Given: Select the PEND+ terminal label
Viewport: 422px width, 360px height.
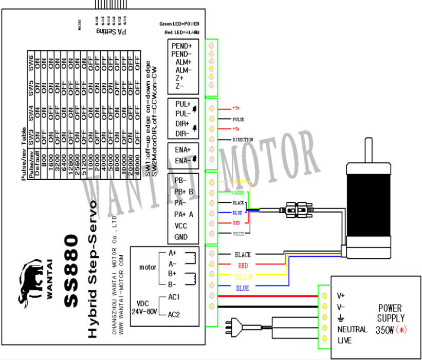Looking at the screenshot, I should click(x=181, y=46).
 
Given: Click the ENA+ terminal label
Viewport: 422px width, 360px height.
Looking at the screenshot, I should click(x=182, y=149).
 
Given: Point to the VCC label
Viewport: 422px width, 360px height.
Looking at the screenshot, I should click(x=181, y=225).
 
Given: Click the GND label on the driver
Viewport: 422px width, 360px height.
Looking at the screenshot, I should click(x=181, y=237).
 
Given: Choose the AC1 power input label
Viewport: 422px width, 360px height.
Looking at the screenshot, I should click(x=174, y=297).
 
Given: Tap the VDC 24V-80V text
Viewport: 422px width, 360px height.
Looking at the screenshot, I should click(x=145, y=307).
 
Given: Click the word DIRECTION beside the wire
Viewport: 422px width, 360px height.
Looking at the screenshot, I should click(x=243, y=139).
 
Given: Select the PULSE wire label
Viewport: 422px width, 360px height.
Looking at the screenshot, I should click(x=238, y=119).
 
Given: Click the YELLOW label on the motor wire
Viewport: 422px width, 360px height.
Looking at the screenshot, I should click(x=243, y=277).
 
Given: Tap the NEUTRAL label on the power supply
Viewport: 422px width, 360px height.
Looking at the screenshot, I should click(x=352, y=329).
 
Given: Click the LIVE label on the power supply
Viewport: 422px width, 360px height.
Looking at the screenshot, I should click(x=344, y=340).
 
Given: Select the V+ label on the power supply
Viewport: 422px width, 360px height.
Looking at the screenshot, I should click(x=340, y=296).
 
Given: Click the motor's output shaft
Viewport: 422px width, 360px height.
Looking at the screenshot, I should click(x=369, y=149).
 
